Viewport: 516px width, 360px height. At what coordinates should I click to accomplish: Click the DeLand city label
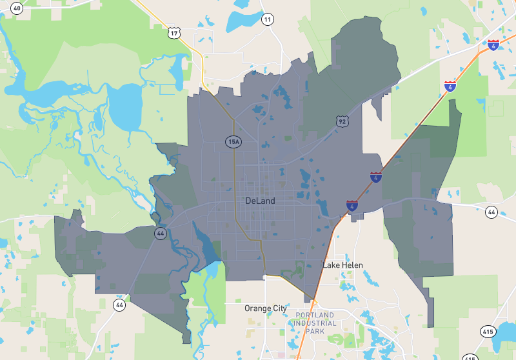coord(260,201)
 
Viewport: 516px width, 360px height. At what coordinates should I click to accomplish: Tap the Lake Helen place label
coord(342,265)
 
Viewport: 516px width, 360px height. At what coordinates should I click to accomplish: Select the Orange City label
coord(266,308)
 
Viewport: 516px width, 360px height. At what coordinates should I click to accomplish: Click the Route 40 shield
coord(17,8)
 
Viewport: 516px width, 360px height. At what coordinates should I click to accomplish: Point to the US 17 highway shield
coord(174,32)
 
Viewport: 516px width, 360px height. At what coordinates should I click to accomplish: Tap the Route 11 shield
coord(267,19)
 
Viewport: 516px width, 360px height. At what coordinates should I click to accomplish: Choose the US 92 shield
coord(342,121)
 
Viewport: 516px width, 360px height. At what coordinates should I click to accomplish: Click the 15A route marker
coord(233,141)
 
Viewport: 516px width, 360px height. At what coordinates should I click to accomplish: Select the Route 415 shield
coord(488,332)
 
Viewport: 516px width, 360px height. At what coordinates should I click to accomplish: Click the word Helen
coord(352,265)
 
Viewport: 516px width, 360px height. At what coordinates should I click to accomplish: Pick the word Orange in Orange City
coord(257,308)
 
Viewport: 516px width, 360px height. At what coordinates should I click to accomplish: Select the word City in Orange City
coord(279,308)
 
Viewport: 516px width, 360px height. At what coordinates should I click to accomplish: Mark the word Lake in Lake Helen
coord(331,265)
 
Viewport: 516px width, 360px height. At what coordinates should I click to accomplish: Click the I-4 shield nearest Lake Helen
coord(352,206)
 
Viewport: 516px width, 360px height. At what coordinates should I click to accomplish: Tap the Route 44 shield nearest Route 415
coord(491,212)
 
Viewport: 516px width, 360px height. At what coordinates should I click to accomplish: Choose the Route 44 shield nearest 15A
coord(159,234)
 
